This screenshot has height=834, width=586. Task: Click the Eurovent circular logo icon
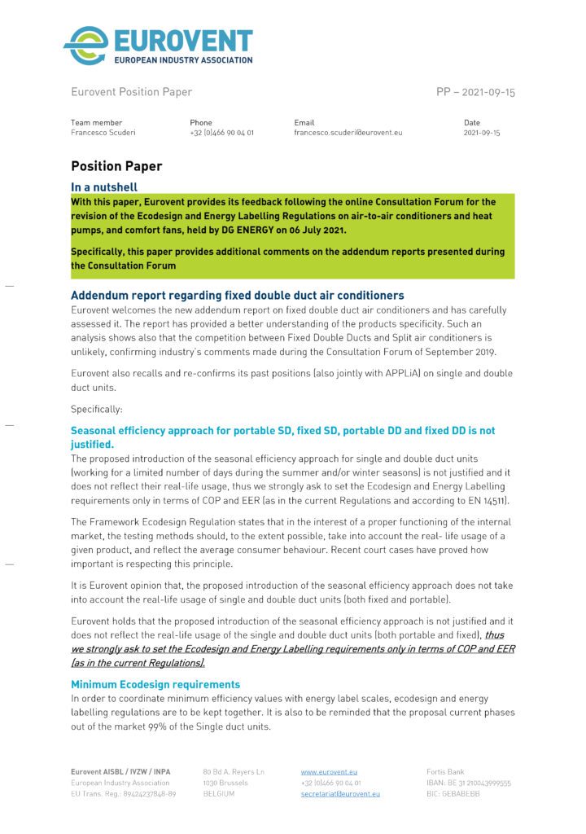(86, 45)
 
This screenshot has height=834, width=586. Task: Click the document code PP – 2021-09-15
(475, 92)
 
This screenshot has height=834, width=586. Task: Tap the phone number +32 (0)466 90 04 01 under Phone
(221, 132)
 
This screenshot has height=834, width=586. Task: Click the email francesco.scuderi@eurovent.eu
(348, 132)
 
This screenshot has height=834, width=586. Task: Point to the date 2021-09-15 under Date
(482, 132)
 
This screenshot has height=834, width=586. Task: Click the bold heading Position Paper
(116, 166)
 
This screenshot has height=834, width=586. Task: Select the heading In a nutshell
(109, 187)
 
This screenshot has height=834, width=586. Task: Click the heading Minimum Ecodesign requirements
(155, 685)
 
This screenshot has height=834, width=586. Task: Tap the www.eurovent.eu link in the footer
(329, 770)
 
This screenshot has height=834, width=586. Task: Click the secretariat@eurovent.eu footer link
(340, 793)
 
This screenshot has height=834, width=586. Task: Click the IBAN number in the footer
(469, 782)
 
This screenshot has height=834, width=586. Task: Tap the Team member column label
(96, 122)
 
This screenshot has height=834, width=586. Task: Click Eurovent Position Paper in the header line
(131, 92)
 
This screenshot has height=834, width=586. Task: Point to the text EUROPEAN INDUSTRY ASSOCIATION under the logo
(183, 59)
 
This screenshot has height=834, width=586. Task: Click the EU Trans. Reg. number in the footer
(123, 793)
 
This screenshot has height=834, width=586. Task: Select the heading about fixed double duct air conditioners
(237, 295)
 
